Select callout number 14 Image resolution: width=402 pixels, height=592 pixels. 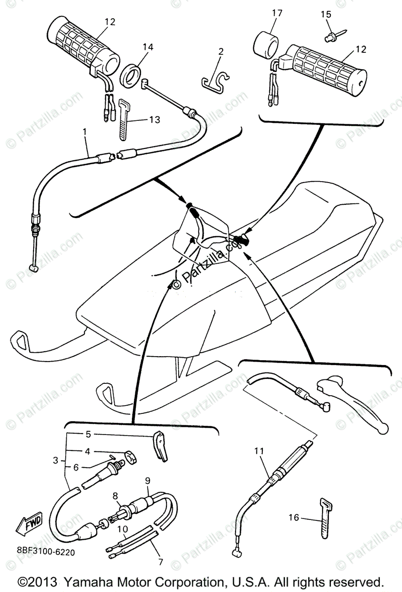click(148, 47)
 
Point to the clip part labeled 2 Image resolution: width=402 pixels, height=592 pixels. click(217, 79)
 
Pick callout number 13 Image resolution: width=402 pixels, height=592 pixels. click(155, 120)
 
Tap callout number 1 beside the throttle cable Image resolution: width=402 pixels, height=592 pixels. click(84, 132)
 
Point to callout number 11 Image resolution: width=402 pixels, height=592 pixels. click(260, 451)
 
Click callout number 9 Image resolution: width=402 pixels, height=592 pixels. click(148, 480)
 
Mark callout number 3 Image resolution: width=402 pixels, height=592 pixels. click(55, 461)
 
